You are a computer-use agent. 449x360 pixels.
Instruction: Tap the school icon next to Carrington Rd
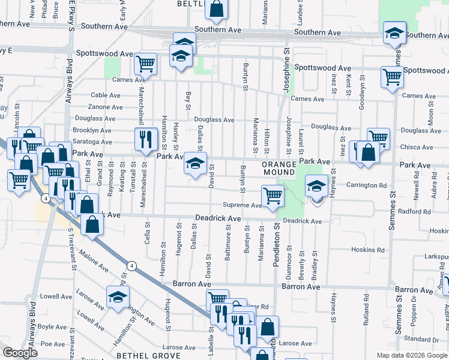(x=316, y=187)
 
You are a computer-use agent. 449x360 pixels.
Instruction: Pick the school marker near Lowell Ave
(x=118, y=296)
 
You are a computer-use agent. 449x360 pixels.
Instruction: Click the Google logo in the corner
(x=20, y=353)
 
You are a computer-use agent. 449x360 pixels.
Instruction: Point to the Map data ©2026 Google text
(x=412, y=355)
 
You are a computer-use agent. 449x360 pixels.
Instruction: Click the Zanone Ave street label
(x=106, y=107)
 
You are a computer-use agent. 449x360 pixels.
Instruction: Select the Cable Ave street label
(x=106, y=95)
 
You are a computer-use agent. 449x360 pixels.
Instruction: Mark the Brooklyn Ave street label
(x=92, y=130)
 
